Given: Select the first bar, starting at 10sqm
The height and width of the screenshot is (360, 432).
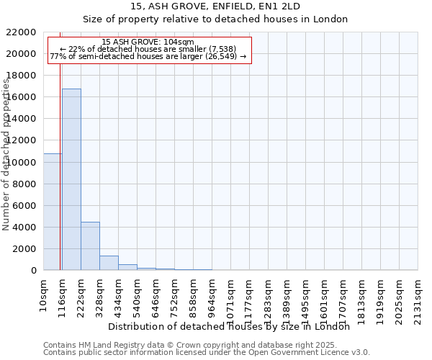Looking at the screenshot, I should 53,212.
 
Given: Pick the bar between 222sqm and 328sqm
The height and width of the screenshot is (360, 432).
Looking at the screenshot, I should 90,246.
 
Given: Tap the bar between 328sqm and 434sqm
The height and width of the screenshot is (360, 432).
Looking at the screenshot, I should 109,263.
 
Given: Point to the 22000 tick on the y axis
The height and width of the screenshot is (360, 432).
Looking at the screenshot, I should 21,32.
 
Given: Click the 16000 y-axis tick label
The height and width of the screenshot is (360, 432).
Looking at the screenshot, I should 21,97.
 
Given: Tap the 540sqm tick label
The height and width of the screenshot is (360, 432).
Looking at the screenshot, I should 137,295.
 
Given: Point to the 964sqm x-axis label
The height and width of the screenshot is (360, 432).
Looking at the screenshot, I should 212,295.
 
